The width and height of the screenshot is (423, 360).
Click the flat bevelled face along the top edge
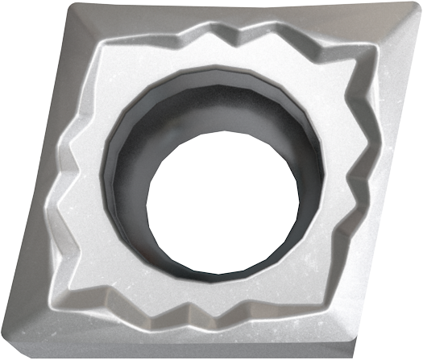242,18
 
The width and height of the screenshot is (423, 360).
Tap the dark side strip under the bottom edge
177,355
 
